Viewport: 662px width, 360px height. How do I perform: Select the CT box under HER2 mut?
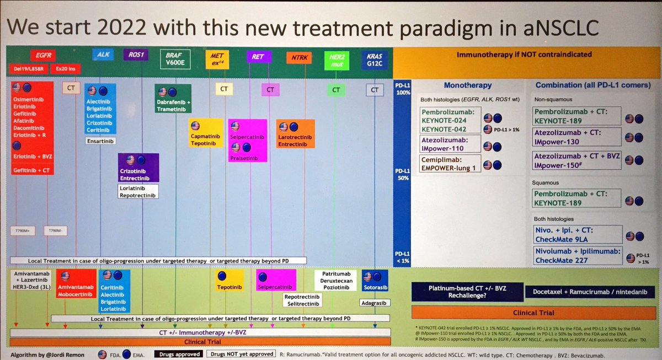click(x=335, y=89)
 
